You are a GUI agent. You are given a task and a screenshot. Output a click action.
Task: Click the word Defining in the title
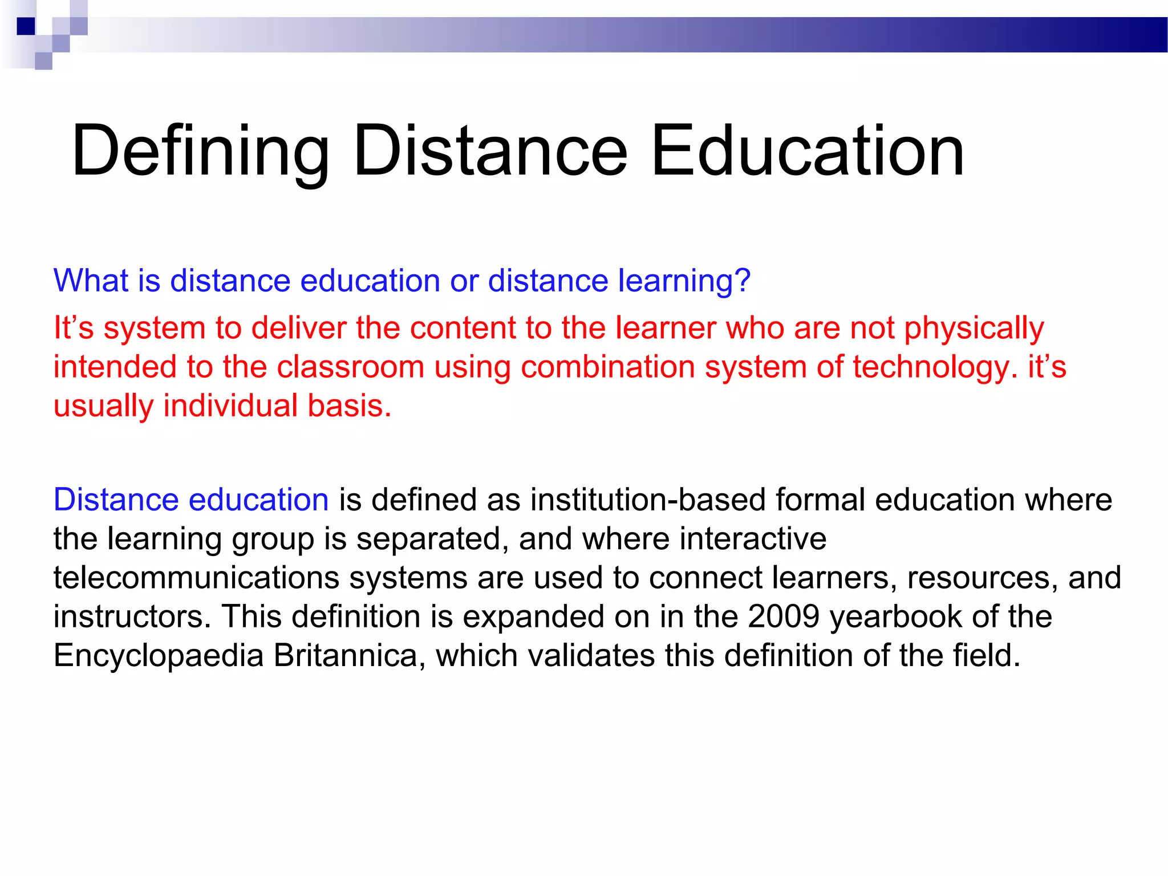click(200, 152)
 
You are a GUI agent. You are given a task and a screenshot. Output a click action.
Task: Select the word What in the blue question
click(91, 281)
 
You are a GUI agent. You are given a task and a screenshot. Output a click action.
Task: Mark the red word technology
click(935, 368)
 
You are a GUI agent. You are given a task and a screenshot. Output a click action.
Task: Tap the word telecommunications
click(197, 578)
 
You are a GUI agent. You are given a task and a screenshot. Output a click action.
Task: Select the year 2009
click(784, 617)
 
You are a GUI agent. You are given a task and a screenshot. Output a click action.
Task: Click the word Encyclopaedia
click(159, 656)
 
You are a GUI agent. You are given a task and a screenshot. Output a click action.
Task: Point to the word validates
click(591, 655)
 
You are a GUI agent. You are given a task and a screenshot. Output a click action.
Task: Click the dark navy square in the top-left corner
click(26, 26)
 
